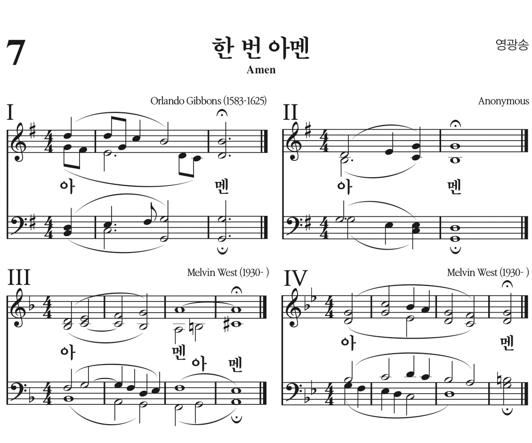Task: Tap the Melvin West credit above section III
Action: click(227, 272)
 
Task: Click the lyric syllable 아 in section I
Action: click(66, 186)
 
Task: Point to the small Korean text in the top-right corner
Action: click(512, 45)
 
